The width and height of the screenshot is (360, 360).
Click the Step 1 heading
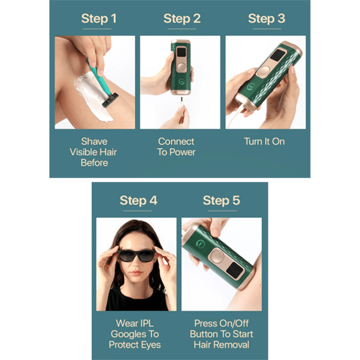pos(99,19)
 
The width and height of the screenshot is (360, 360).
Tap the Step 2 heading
pos(182,19)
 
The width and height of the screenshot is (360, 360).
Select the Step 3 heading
pos(267,19)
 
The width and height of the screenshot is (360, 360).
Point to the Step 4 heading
pos(138,200)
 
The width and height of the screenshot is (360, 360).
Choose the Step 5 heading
pos(221,200)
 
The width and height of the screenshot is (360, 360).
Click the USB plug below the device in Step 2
pos(181,102)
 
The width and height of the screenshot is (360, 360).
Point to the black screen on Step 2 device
pos(181,53)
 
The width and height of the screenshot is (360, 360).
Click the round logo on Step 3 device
pos(250,87)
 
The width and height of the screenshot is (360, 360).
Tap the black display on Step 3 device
pos(278,56)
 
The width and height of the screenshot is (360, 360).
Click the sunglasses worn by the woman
pos(136,255)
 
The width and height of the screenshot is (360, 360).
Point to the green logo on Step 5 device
pos(200,244)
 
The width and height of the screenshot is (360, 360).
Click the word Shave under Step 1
pos(94,142)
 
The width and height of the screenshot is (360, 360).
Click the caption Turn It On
pos(264,142)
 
